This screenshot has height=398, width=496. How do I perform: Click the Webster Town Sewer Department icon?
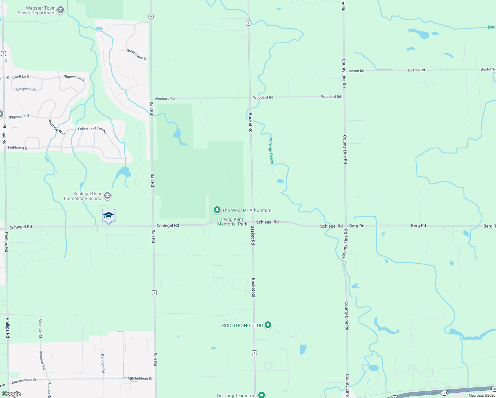coord(61,10)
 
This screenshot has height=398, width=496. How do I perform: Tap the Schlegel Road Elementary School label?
coord(83,196)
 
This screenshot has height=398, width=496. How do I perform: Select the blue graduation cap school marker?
coord(108,216)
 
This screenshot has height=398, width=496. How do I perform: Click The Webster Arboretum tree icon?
coord(217,210)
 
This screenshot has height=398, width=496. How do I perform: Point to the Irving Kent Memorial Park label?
coord(232,222)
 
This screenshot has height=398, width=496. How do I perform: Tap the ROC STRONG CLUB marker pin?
coord(268,325)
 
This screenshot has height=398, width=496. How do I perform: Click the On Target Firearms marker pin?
coord(262,395)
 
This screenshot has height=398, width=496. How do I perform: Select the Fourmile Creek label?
coord(271,149)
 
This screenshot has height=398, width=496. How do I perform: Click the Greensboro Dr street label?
coord(137,54)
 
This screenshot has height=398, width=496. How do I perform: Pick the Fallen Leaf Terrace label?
coord(93,130)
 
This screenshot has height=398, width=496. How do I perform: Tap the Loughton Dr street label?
coord(26,89)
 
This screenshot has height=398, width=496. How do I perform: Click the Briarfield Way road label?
coord(57,126)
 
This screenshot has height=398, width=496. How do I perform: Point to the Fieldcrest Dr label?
coord(19,148)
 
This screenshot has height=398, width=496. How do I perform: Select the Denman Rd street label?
coord(103,363)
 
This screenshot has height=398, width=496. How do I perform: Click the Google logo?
coord(11,394)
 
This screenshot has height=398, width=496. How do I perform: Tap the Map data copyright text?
coord(481,395)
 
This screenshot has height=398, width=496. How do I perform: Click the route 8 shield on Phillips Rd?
coord(3,53)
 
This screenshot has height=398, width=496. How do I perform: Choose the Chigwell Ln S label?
coord(19,116)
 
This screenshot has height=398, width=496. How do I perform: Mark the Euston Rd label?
coord(49,390)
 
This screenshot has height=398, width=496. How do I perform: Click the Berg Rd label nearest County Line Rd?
coord(357,226)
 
